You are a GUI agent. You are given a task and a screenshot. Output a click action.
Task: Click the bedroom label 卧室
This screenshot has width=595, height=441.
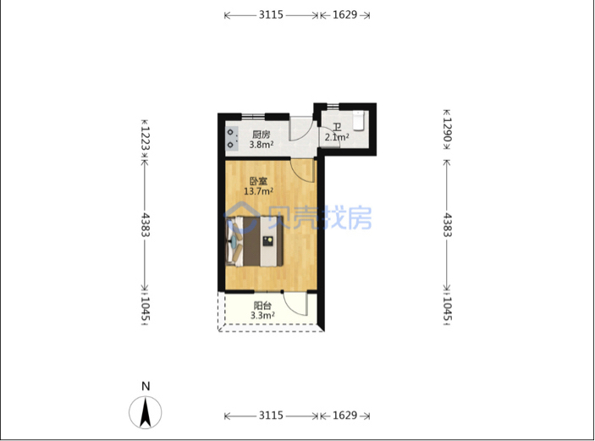pos(258,181)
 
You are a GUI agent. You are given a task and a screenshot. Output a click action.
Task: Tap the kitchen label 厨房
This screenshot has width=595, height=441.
pos(261,135)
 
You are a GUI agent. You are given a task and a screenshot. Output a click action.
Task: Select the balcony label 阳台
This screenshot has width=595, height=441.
pos(262,306)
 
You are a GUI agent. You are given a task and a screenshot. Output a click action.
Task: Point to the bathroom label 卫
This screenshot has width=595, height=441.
pos(337,127)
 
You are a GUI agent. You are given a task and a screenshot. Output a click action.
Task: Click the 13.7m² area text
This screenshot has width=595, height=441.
pos(258,191)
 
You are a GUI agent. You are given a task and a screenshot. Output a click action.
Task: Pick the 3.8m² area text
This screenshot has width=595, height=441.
pos(262,145)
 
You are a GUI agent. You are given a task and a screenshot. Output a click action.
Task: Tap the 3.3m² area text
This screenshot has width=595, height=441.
pos(262,316)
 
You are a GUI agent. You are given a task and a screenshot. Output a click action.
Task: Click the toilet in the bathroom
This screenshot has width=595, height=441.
pos(359,120)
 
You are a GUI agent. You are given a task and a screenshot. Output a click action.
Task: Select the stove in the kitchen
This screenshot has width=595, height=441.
pos(232,139)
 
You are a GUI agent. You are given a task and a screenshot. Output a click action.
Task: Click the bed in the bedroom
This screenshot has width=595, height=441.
pos(254,241)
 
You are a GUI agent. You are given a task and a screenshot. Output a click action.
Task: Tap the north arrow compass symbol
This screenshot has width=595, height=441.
pos(146,412)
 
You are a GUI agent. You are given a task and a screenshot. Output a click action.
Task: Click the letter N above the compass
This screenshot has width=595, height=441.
pos(146,386)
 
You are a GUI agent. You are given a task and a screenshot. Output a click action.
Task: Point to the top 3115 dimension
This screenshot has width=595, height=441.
pos(271,14)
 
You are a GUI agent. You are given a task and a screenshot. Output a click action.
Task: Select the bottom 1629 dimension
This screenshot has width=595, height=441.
pos(345,416)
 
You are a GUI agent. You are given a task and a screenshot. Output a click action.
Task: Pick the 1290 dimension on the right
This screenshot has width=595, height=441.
pos(448,130)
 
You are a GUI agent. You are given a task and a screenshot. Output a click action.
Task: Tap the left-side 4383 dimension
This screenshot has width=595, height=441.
pos(146,225)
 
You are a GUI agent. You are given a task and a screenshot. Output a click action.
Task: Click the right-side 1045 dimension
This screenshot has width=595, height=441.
pos(448,309)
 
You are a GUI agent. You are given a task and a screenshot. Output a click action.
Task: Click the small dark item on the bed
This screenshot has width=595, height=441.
pos(268,241)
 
